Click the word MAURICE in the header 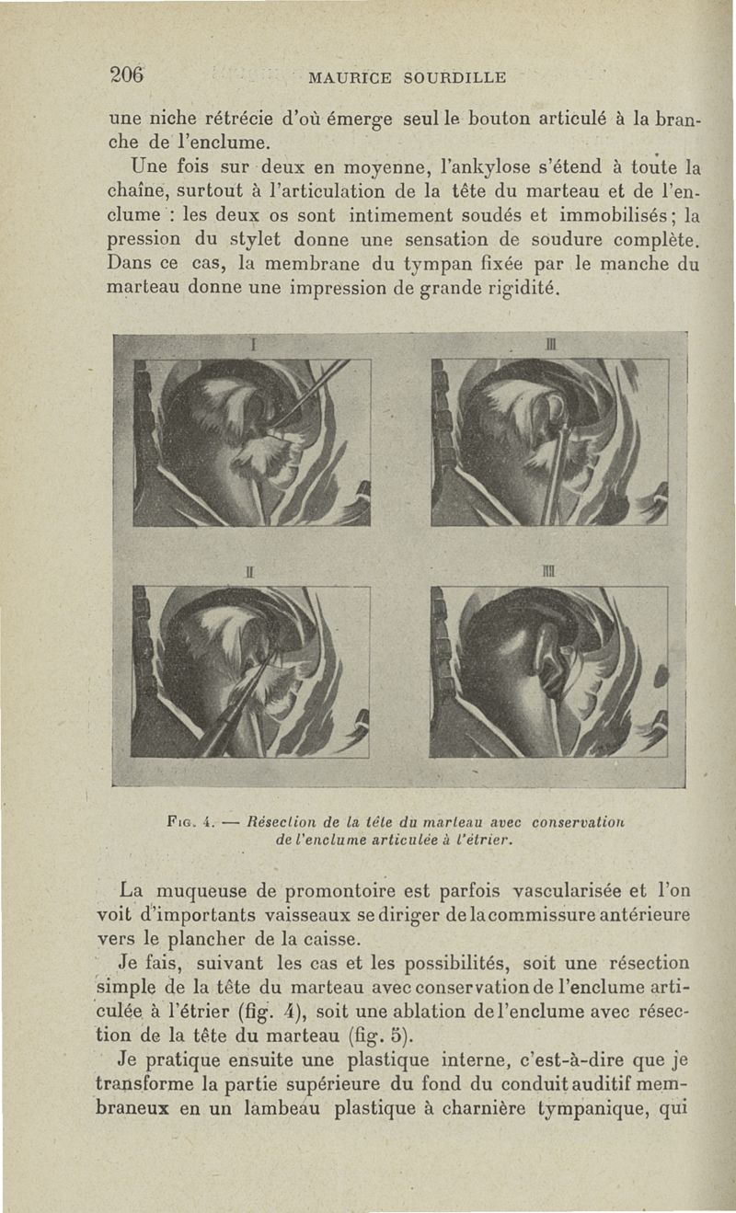[x=351, y=77]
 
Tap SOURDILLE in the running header [x=454, y=77]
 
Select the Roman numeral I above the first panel [x=251, y=344]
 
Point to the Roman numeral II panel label [x=248, y=572]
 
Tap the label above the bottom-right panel [x=549, y=572]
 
